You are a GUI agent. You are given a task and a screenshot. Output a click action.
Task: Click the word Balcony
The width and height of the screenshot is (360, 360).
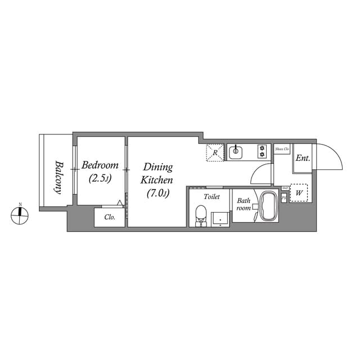pos(57,178)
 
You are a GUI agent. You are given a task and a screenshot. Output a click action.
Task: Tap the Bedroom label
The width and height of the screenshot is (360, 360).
pos(100,165)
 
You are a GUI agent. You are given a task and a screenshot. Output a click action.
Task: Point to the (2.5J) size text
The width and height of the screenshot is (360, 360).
pos(100,179)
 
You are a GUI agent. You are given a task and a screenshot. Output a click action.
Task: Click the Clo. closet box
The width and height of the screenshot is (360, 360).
pos(110,217)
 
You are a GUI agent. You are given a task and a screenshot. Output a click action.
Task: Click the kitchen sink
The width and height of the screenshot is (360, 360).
pos(235,151)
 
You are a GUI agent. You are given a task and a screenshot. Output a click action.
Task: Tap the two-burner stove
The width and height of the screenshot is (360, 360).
pos(262,151)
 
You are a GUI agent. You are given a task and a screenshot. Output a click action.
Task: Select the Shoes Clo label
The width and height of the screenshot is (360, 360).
pos(282,149)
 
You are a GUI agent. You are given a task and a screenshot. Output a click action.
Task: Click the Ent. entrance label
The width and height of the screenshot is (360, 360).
pos(303,158)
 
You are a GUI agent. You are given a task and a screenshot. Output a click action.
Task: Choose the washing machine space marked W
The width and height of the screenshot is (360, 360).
pos(299,193)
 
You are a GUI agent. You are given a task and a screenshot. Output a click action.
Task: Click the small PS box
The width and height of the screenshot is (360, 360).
pos(283,198)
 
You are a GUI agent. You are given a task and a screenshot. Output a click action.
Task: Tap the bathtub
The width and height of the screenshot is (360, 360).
pos(267,206)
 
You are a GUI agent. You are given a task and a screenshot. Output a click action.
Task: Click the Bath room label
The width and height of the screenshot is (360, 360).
pos(244,204)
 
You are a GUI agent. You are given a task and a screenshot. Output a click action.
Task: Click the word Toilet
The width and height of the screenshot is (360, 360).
pos(211,197)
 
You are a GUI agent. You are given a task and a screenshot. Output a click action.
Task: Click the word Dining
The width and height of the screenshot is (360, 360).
pos(157,167)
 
